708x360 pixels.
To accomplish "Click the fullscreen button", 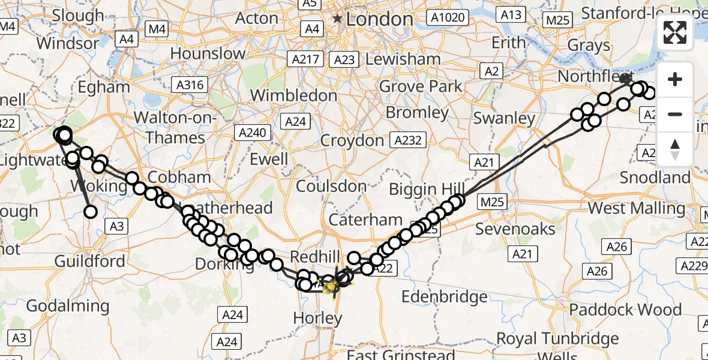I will click(675, 32).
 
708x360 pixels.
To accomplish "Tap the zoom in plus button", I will click(675, 79).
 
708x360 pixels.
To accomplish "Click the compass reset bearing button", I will click(675, 149).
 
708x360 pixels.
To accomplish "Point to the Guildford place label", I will click(90, 262).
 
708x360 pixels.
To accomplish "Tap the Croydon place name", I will click(352, 141).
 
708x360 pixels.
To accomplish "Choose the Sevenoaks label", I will click(515, 229).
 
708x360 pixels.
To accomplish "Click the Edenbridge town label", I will click(444, 297).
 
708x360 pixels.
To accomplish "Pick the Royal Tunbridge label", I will click(558, 338).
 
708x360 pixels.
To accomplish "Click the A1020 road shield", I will click(448, 17).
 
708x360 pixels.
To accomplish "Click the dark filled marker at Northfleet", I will click(625, 78).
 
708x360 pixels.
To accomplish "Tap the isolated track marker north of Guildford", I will click(91, 211).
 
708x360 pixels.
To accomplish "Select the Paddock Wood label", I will click(625, 310).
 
